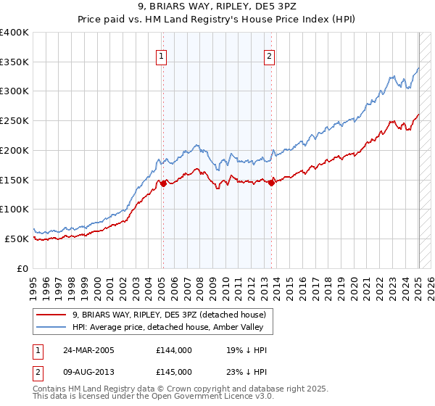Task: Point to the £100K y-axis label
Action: point(14,209)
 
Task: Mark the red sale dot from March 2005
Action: point(163,183)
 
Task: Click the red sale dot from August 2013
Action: point(272,183)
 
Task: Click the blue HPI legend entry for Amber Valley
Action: point(173,328)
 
